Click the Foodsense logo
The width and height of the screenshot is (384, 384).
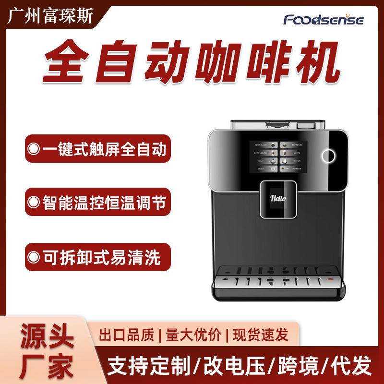(x=324, y=20)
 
